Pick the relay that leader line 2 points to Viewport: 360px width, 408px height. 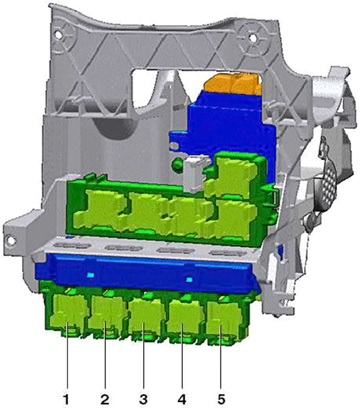pyautogui.click(x=107, y=315)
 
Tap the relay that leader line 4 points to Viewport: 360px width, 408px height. pyautogui.click(x=185, y=319)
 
